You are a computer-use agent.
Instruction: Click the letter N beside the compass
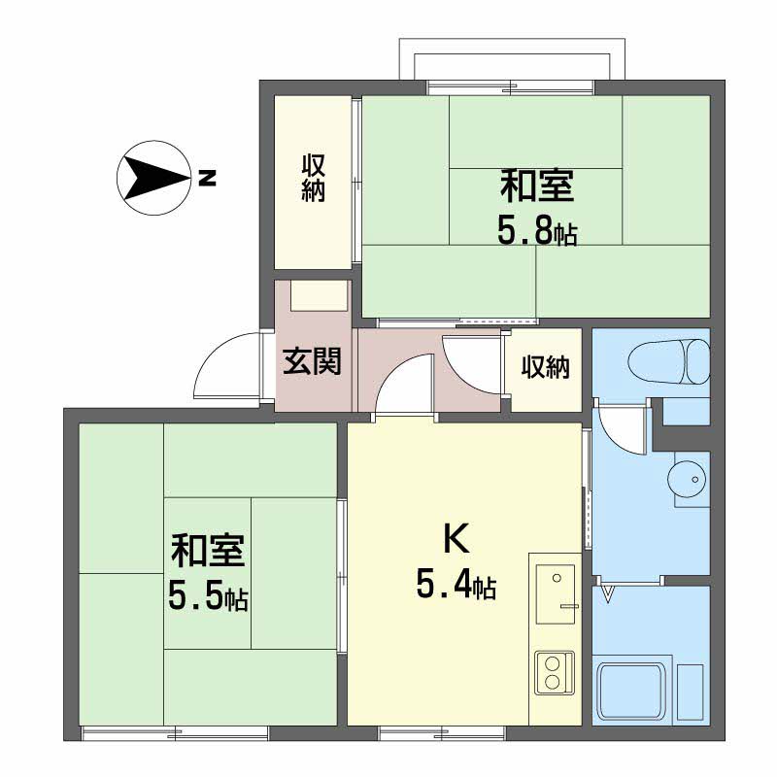pyautogui.click(x=207, y=178)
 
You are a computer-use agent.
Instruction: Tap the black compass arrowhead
pyautogui.click(x=153, y=178)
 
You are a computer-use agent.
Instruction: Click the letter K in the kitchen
pyautogui.click(x=456, y=539)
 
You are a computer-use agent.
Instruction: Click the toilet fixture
pyautogui.click(x=669, y=361)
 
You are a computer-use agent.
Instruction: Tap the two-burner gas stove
pyautogui.click(x=555, y=673)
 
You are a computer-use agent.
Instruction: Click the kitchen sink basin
pyautogui.click(x=556, y=594)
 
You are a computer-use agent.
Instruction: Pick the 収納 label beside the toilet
pyautogui.click(x=546, y=367)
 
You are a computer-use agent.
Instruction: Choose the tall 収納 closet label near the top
pyautogui.click(x=313, y=178)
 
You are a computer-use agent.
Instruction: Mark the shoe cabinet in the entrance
pyautogui.click(x=319, y=295)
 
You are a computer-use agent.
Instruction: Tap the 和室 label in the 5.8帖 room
pyautogui.click(x=537, y=186)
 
